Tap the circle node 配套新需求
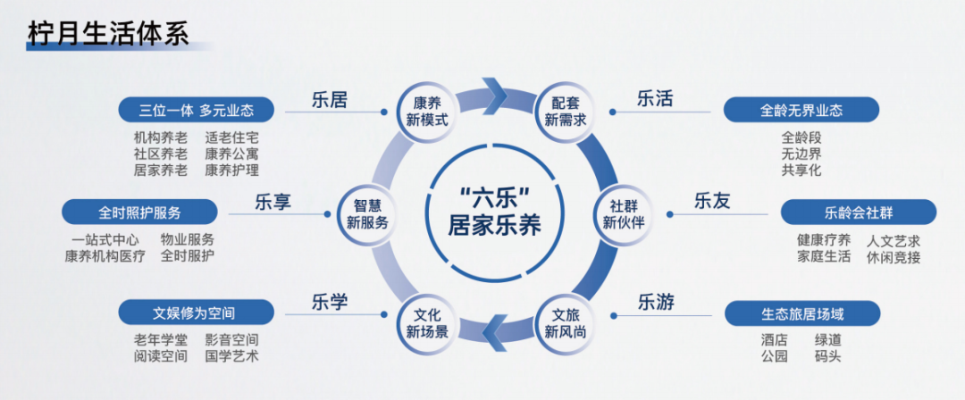click(565, 110)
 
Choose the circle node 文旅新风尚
click(566, 322)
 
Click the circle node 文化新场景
click(426, 322)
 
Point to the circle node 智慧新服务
click(367, 212)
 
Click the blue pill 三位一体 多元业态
click(197, 110)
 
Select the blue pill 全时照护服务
click(139, 212)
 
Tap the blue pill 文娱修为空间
click(197, 313)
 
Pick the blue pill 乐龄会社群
click(858, 212)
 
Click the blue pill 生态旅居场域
click(801, 313)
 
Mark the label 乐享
click(273, 201)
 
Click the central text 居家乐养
click(494, 223)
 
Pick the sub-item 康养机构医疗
click(105, 256)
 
